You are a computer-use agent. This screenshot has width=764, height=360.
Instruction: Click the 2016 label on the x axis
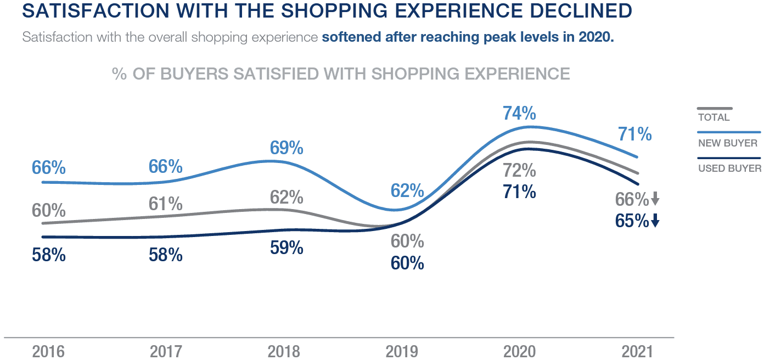coord(48,351)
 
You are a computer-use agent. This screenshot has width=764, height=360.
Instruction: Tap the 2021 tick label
coord(637,351)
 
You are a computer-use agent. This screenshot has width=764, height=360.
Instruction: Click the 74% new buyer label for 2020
coord(519,113)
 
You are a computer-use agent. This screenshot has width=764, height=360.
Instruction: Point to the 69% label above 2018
coord(286,148)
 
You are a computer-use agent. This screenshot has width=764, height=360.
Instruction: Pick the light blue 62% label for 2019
coord(407,191)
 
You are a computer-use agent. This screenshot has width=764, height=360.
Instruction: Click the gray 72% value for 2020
coord(519,171)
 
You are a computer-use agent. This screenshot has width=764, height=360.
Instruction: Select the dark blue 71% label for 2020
coord(519,192)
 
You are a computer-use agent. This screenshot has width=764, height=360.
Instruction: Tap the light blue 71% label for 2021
coord(634,134)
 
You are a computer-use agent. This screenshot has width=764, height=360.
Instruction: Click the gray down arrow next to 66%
coord(655,199)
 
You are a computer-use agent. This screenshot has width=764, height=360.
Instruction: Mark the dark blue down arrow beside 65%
coord(655,221)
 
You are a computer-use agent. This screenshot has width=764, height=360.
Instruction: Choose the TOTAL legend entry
coord(714,117)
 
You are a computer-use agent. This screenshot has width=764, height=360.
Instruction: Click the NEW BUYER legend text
coord(728,143)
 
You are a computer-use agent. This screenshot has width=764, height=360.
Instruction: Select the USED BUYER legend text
coord(729,168)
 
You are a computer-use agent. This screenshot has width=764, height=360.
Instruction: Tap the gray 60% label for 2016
coord(49,210)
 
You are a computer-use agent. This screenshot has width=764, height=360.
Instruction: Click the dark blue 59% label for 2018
coord(286,248)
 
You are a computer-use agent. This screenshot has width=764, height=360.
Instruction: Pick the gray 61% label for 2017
coord(165,204)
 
